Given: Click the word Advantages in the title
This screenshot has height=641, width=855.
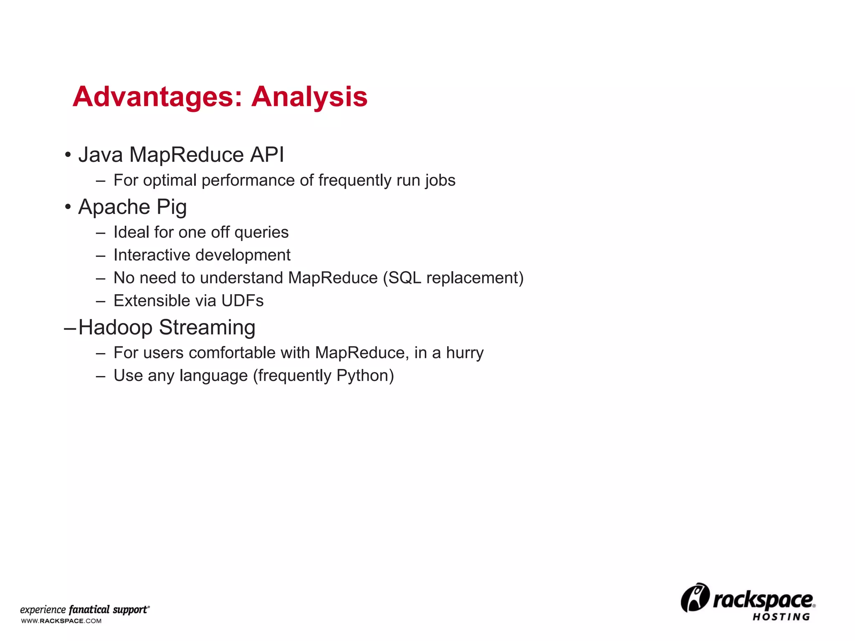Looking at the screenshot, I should (x=157, y=97).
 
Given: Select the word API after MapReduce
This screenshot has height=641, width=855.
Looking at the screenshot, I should (x=267, y=155).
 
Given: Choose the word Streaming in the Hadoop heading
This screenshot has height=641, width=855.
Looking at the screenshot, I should (x=207, y=327).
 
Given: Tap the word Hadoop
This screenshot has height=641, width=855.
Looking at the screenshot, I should (x=116, y=327).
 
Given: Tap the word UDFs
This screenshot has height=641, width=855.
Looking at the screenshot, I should (x=243, y=300).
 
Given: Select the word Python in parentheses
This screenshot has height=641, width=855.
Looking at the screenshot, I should (x=363, y=376).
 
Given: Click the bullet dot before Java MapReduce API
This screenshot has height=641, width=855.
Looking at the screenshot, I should (x=68, y=155).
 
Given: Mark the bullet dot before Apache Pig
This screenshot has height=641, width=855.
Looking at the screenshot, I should (x=68, y=207).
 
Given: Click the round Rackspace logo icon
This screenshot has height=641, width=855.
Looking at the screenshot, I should (x=695, y=598).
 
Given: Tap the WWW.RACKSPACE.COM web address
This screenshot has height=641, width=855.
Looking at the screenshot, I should (x=61, y=621).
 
